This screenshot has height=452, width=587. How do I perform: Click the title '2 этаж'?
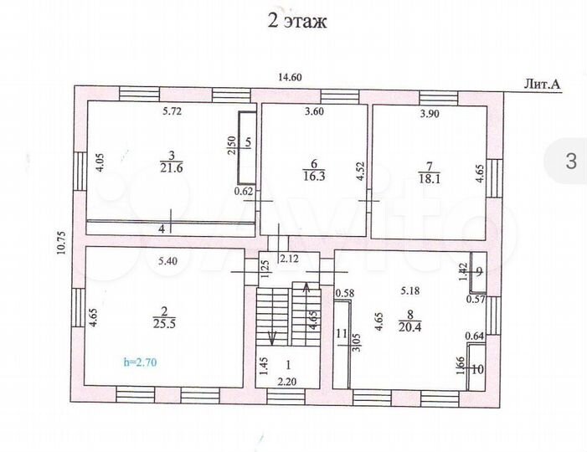(296, 21)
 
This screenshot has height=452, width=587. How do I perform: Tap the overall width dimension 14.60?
(290, 78)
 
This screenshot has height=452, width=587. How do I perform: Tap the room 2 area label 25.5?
(159, 324)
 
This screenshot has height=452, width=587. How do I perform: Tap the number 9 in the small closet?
(478, 271)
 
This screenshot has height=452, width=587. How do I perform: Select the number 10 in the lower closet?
(478, 368)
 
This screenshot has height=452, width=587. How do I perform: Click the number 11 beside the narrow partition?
(341, 333)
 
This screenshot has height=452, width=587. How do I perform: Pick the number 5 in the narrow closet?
(248, 142)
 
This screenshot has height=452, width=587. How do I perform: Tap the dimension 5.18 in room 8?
(410, 291)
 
